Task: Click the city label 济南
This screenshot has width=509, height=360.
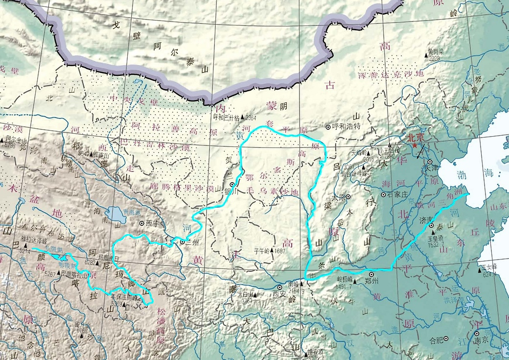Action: click(x=426, y=219)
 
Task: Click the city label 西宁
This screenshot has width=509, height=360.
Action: click(x=153, y=222)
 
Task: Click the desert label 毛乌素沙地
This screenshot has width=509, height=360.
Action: click(x=272, y=191)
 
